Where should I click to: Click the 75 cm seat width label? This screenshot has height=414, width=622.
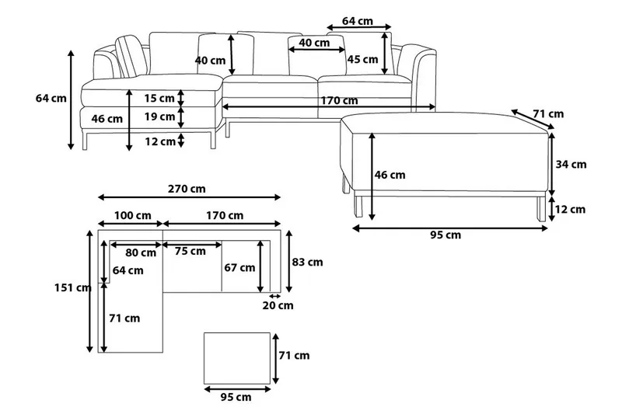click(x=190, y=251)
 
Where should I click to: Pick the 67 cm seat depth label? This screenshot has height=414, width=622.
click(x=239, y=268)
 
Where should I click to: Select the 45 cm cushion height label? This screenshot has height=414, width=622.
click(x=362, y=60)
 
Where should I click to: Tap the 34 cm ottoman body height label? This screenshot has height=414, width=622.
click(x=572, y=164)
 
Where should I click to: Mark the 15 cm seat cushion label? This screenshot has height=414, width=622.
click(x=159, y=98)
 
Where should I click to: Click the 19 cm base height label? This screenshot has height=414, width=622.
click(x=159, y=117)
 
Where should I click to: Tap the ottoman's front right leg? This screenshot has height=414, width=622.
click(x=539, y=208)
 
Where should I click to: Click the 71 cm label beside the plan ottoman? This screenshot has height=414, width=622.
click(x=294, y=356)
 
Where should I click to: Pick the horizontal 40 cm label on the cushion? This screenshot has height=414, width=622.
click(x=315, y=43)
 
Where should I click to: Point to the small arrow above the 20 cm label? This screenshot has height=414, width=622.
click(x=274, y=296)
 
